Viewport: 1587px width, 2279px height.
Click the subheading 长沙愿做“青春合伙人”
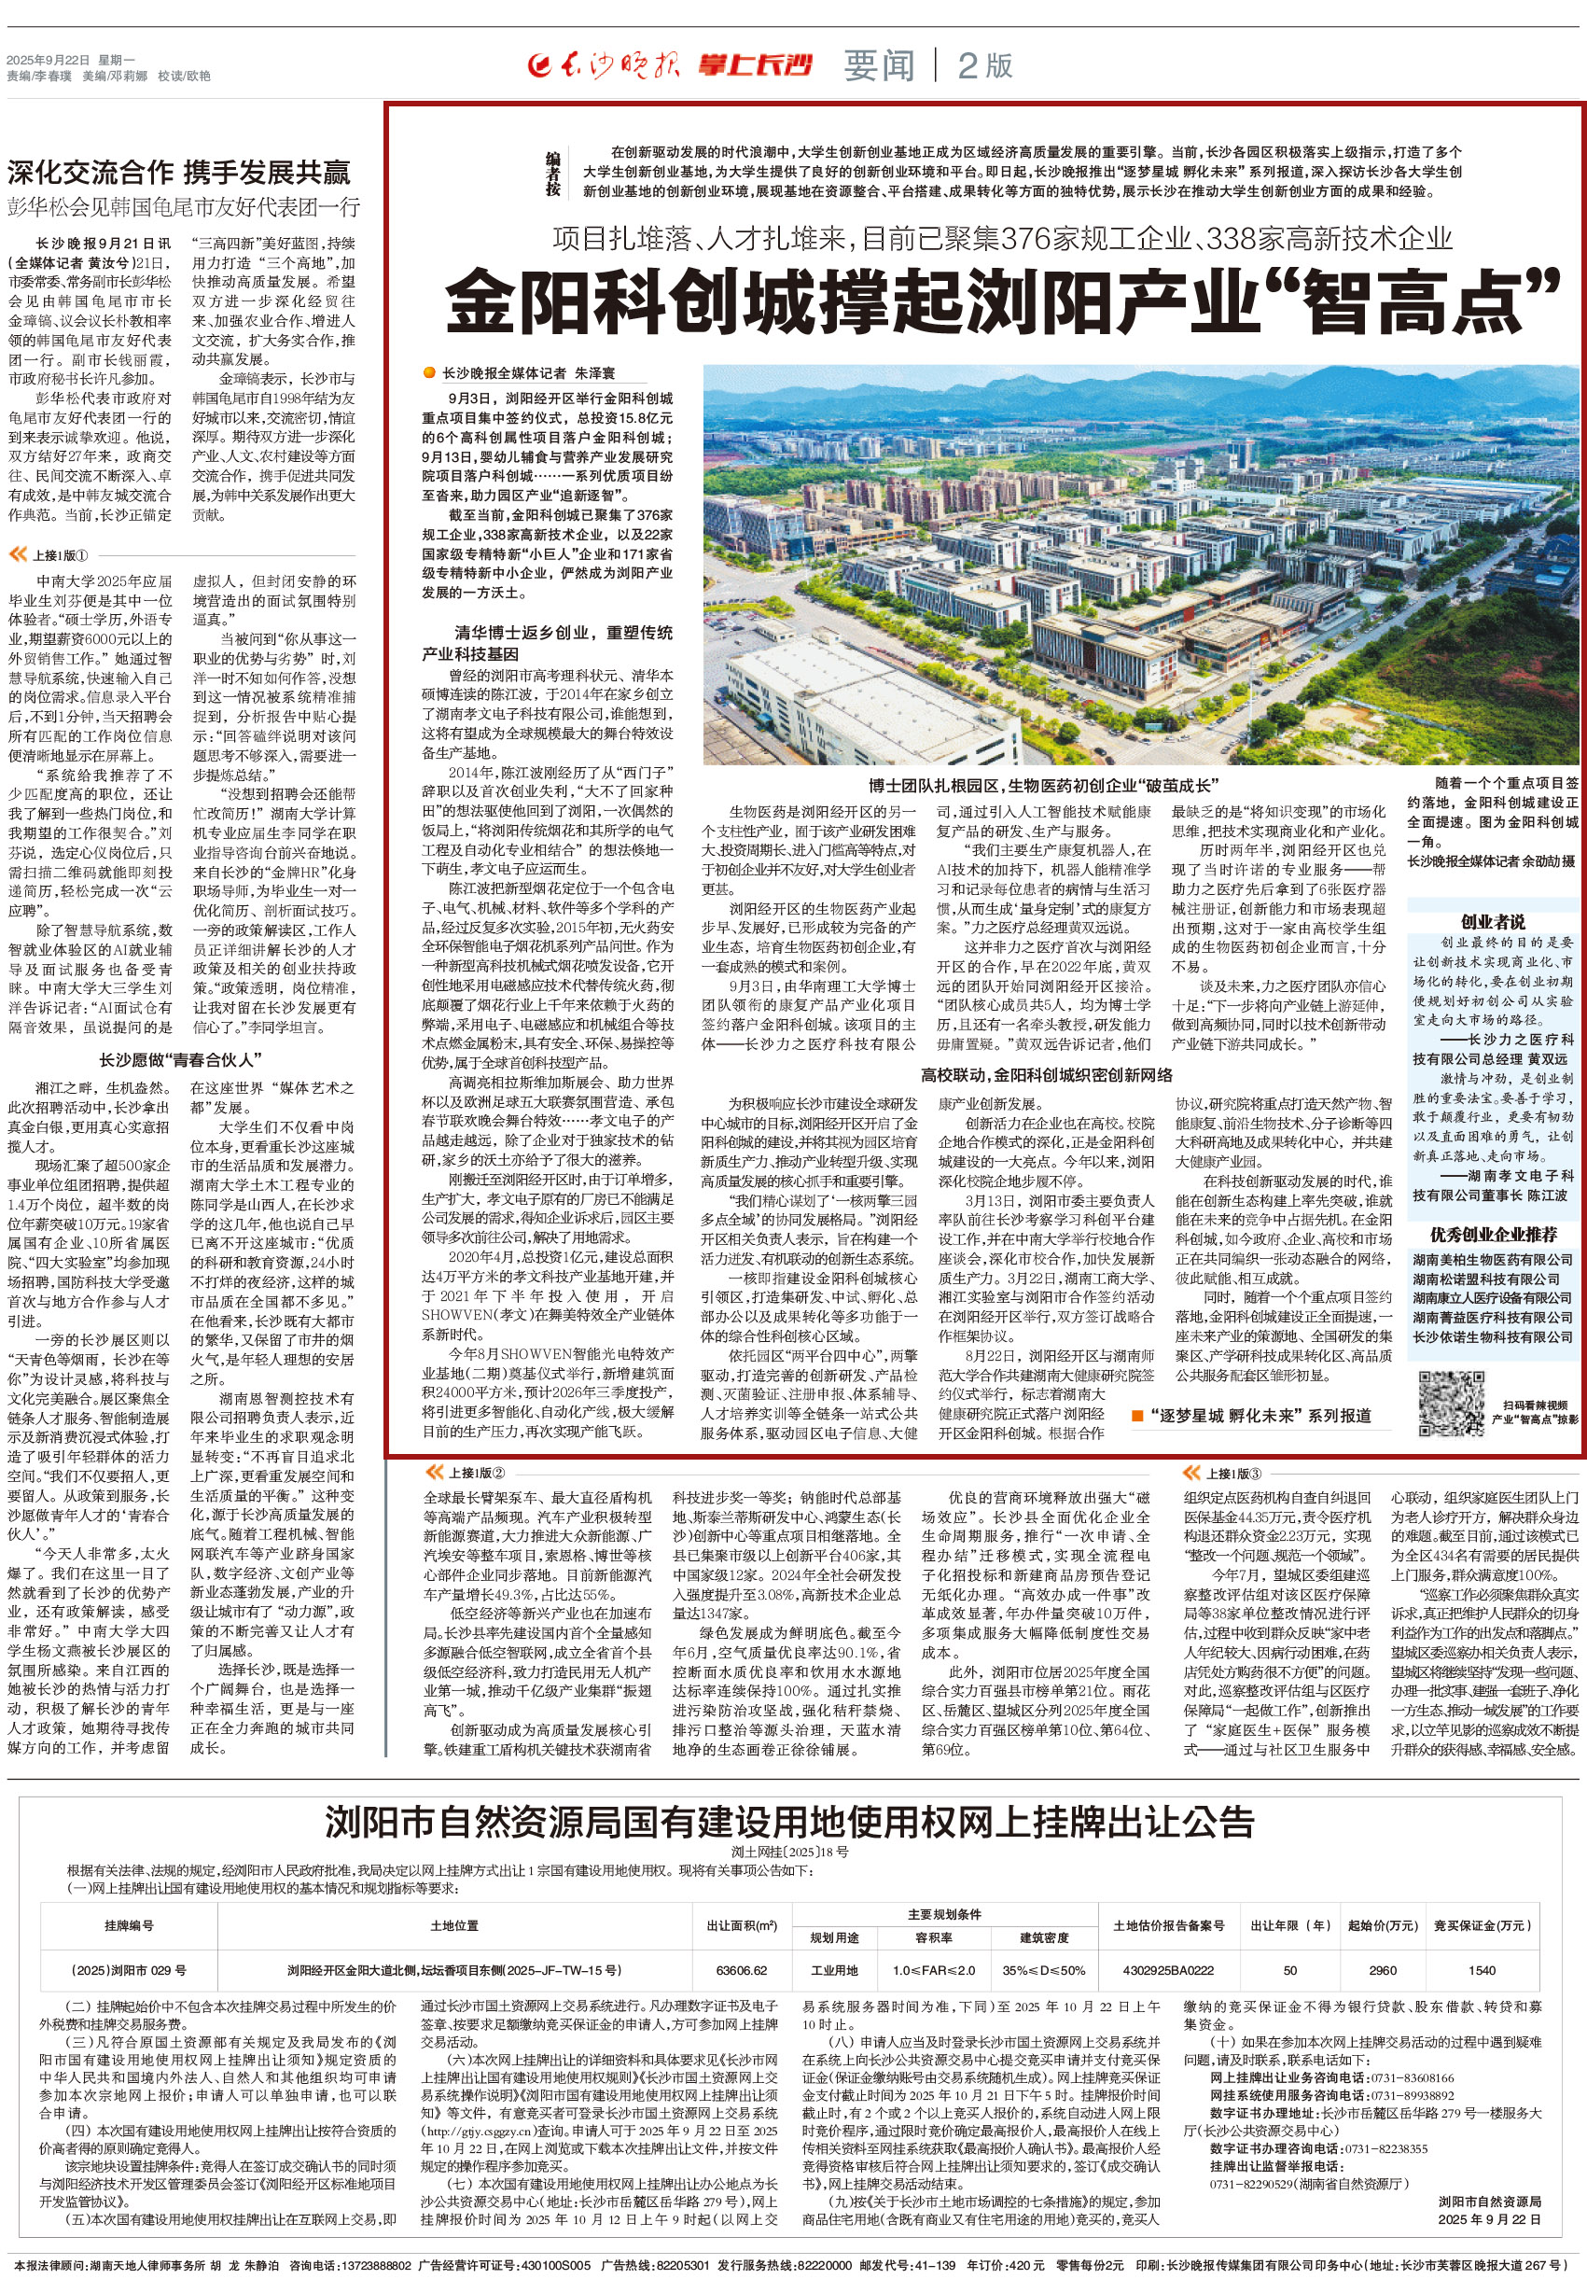pos(181,1060)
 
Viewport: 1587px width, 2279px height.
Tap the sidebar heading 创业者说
pos(1493,921)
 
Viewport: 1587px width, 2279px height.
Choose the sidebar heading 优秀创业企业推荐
pos(1493,1234)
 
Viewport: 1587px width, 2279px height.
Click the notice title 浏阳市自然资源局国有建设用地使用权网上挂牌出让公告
pos(789,1824)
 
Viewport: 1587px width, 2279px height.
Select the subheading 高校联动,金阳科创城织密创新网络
pos(1046,1074)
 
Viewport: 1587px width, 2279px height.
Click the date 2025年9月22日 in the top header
pos(48,60)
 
